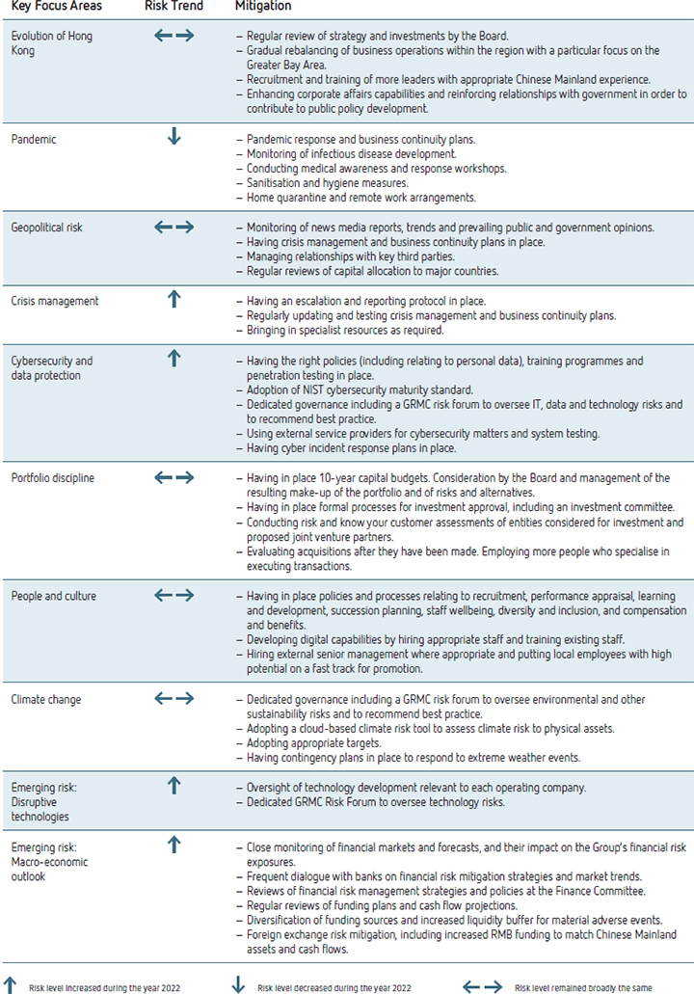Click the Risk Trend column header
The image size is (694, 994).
pos(173,7)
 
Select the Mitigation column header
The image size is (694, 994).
pos(263,7)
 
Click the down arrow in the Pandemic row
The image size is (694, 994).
pos(173,138)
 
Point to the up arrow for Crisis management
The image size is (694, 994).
pos(173,300)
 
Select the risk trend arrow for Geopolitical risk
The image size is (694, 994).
pos(173,228)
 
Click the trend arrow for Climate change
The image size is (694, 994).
pos(173,697)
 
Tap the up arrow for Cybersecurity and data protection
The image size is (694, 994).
pos(173,360)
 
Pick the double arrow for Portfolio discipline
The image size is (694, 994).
pos(173,477)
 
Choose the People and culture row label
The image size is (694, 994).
pos(54,597)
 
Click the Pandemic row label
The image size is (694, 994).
pos(34,140)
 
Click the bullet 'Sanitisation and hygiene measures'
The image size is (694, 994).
pos(327,183)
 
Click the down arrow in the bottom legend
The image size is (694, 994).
pos(239,985)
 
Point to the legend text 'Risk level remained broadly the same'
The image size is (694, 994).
pos(584,987)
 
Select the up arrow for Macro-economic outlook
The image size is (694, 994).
pos(173,845)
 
